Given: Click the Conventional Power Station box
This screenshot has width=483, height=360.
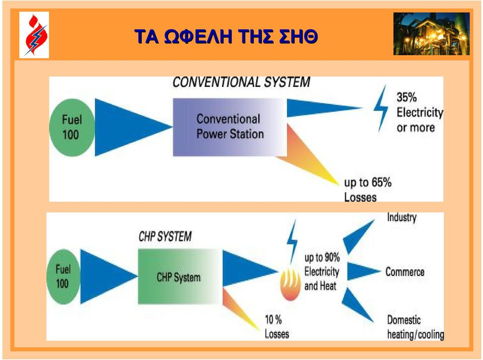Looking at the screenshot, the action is point(230,127).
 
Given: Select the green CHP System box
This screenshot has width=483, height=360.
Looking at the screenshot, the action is point(180,277).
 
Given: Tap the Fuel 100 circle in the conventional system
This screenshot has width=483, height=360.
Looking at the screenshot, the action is point(72,127).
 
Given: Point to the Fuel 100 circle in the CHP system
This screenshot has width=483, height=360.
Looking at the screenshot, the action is point(63,277).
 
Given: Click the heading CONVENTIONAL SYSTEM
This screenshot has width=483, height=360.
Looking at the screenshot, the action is point(241,82).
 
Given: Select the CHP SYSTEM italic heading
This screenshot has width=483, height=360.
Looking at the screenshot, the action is point(165,236).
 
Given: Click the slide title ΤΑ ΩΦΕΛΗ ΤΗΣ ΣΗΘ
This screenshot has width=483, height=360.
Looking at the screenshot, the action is point(226,36).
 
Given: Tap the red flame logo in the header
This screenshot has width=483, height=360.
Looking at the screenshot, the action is point(35,35).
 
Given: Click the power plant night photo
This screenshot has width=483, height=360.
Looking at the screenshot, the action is point(431,34).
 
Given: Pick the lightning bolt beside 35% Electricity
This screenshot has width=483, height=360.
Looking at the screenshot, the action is point(381,109).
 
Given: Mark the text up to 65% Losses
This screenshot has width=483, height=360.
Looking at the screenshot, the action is point(368,190).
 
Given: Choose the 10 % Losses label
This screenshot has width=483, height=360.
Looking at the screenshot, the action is point(277,327).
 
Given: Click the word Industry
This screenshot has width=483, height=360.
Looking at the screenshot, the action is point(401,217).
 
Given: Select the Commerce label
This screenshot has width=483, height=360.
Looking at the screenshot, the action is point(405,272).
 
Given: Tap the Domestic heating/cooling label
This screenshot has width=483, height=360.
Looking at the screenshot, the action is point(416,327).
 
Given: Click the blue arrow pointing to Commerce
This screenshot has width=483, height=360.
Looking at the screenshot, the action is point(363,272).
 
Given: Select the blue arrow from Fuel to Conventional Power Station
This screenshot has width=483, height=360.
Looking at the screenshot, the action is point(133,127).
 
